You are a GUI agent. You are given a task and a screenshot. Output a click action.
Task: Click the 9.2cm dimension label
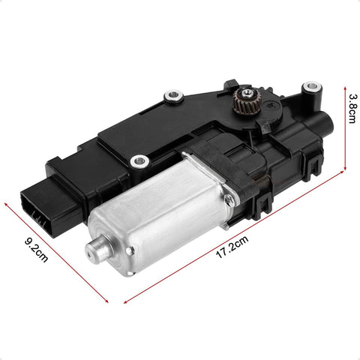[36, 250]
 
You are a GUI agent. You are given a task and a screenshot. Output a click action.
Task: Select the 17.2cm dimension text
[232, 247]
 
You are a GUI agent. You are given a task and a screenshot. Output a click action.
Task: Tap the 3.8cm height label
[353, 109]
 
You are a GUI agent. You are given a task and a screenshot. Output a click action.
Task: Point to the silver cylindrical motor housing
[160, 212]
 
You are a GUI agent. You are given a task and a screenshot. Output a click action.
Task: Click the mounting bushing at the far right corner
[312, 88]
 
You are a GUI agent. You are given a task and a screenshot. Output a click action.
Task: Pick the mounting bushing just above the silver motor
[139, 160]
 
